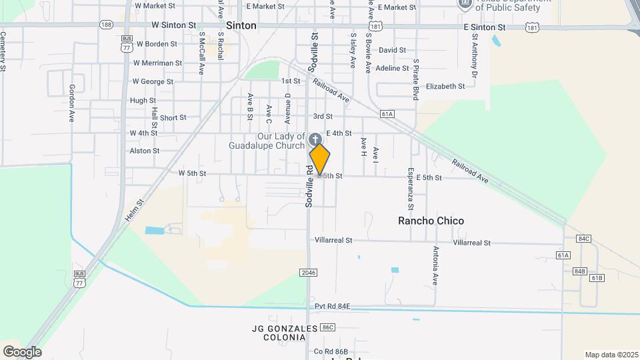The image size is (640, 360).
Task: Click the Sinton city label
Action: tap(241, 25)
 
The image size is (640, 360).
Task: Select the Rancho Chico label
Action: tap(431, 221)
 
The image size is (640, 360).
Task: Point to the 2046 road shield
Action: tap(308, 273)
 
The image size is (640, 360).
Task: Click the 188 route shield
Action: tap(106, 25)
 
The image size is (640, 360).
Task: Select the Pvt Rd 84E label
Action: tap(333, 306)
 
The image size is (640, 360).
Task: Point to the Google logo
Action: tap(22, 351)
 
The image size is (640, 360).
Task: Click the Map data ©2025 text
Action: tap(611, 355)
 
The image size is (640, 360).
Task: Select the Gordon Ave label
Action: tap(72, 103)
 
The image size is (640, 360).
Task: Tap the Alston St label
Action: tap(145, 151)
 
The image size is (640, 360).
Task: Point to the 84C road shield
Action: tap(584, 238)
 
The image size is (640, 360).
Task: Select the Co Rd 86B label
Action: tap(331, 351)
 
